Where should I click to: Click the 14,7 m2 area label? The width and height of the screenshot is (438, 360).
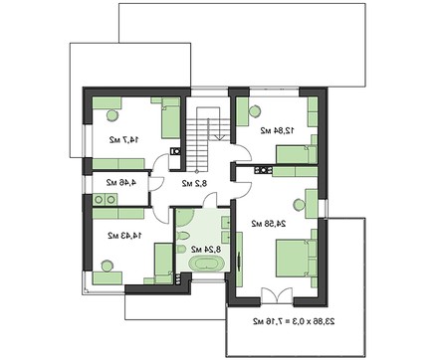click(x=124, y=140)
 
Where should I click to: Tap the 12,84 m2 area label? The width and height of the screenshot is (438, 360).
click(x=277, y=130)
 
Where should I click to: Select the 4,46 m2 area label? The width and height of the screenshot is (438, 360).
click(x=121, y=182)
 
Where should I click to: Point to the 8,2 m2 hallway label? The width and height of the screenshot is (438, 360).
click(x=194, y=183)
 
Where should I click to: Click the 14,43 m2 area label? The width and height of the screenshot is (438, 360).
click(x=124, y=236)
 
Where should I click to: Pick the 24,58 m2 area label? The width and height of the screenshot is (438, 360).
click(x=269, y=224)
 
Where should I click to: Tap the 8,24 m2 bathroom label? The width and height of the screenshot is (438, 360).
click(x=206, y=249)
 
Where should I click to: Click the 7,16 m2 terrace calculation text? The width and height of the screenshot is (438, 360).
click(x=294, y=321)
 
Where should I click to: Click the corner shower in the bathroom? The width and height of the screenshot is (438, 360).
click(x=183, y=218)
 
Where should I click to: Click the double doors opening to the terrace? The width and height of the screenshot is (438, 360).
click(x=277, y=295)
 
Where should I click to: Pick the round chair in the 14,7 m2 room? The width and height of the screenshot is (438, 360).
click(x=111, y=115)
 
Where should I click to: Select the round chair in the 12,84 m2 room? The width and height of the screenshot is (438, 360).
click(x=255, y=110)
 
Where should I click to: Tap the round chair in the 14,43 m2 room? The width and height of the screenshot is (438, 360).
click(x=108, y=266)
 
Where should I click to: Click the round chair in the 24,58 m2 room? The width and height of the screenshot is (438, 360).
click(x=300, y=205)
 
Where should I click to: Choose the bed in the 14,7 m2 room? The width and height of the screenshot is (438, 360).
click(x=170, y=118)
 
